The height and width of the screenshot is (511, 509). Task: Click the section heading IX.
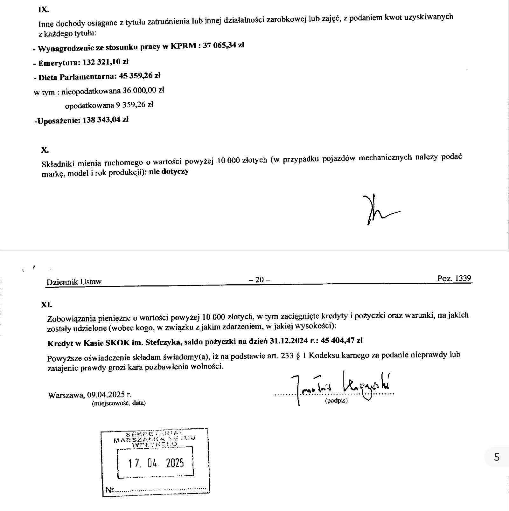(x=43, y=10)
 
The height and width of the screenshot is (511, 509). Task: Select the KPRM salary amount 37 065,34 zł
(x=223, y=45)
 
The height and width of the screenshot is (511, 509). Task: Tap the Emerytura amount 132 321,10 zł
(x=106, y=62)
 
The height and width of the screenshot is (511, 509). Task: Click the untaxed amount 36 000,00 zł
(x=143, y=91)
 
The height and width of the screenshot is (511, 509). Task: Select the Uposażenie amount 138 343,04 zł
(x=106, y=120)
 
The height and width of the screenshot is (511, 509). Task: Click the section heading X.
(x=45, y=150)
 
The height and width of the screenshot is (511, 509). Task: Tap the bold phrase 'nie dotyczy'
(x=171, y=172)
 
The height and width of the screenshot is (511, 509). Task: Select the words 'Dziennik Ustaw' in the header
(x=74, y=282)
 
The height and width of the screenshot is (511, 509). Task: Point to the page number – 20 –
(x=259, y=280)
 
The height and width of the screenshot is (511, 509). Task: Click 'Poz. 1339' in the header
(x=454, y=278)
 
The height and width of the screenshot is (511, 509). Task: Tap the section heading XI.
(x=46, y=304)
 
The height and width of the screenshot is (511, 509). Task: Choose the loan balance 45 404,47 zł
(x=342, y=341)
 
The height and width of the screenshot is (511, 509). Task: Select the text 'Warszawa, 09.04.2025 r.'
(x=90, y=395)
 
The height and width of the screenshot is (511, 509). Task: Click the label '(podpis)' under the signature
(x=336, y=401)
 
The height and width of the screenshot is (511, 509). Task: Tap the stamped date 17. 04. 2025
(x=156, y=463)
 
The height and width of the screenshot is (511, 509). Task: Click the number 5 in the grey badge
(x=497, y=457)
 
